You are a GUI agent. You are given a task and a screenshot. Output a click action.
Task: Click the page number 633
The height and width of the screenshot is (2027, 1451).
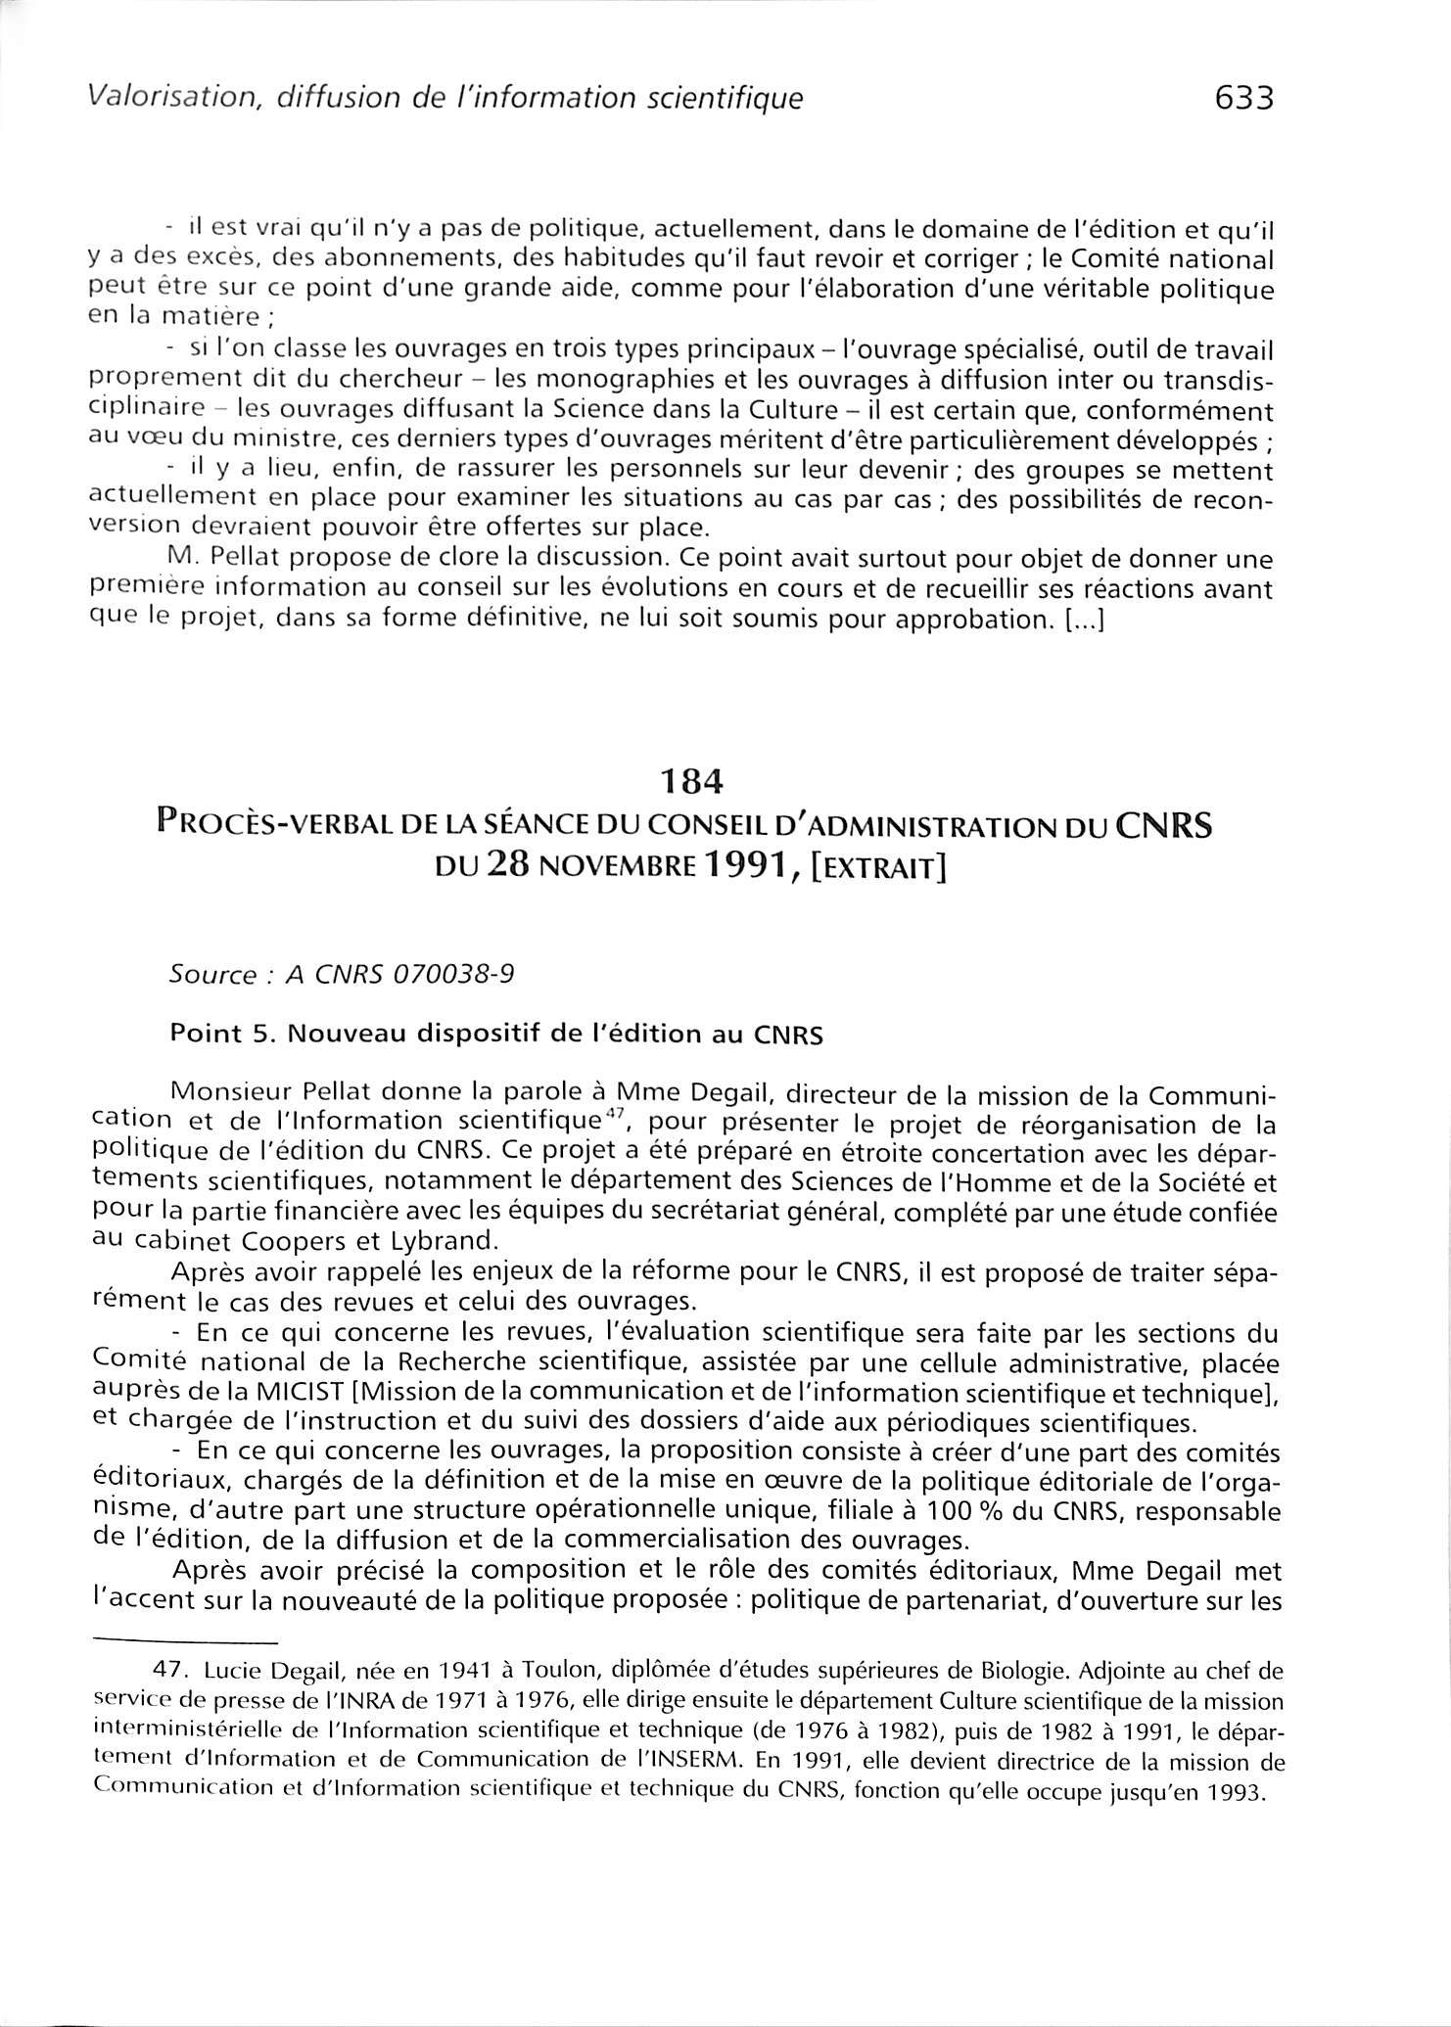tap(1242, 99)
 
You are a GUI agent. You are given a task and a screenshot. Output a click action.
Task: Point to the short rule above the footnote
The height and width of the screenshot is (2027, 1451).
tap(186, 1641)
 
